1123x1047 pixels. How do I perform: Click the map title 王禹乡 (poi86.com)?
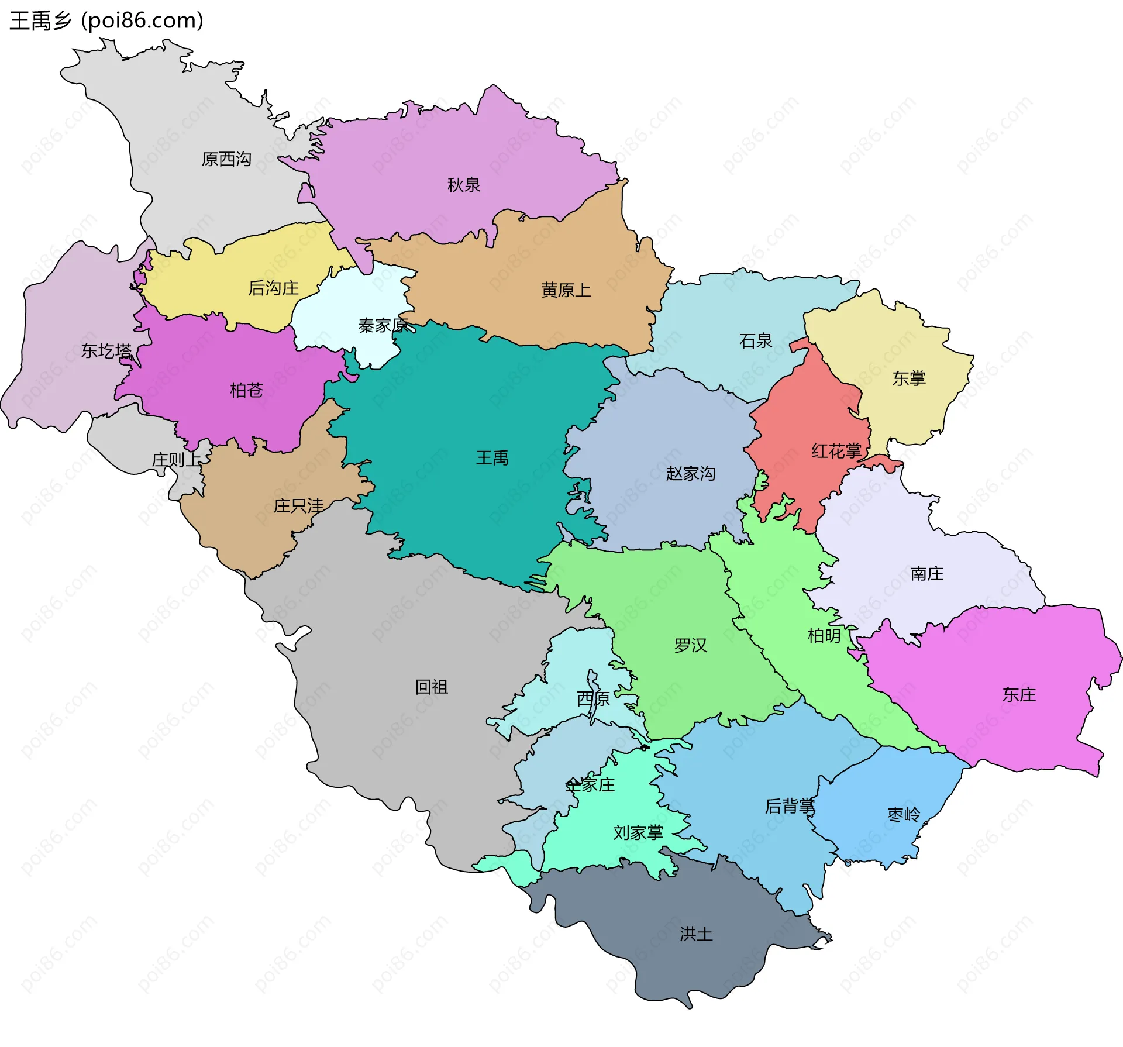106,21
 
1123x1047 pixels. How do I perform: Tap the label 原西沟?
226,159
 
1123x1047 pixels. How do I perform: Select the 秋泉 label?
464,185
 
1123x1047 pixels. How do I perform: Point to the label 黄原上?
566,290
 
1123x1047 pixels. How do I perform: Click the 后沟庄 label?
273,288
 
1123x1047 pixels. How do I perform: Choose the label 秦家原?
383,325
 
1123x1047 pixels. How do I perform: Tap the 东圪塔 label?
106,351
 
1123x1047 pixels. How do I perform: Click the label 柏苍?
246,390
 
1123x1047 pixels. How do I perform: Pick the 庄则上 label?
176,460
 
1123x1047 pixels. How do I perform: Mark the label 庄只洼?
298,506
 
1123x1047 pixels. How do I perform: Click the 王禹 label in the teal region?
492,458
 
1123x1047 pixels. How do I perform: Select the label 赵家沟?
691,473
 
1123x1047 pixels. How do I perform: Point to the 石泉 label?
756,341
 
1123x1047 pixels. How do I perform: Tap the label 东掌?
909,378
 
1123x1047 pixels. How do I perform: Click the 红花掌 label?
836,451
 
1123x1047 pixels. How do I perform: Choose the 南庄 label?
927,573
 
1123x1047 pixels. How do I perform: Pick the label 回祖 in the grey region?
432,687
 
